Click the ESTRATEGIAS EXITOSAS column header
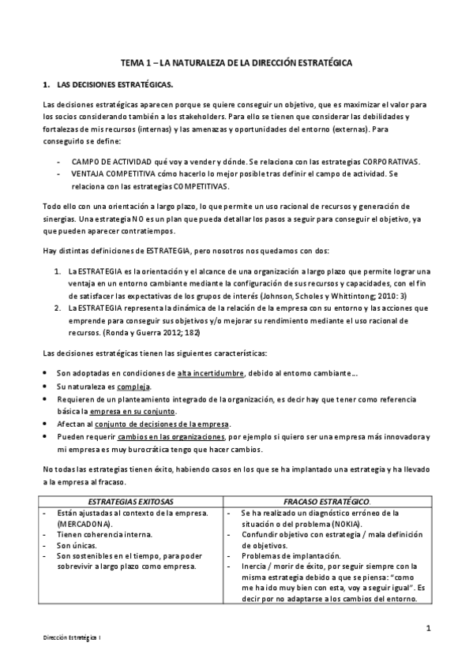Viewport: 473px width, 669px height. point(132,501)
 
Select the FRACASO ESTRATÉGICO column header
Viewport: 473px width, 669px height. point(327,501)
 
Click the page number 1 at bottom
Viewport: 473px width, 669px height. point(427,628)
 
